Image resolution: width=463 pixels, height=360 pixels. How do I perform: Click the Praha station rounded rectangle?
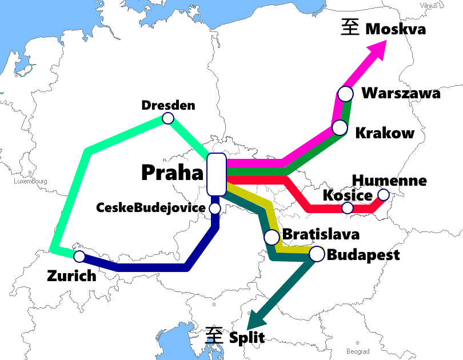[216, 174]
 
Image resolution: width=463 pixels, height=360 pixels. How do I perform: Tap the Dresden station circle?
[168, 118]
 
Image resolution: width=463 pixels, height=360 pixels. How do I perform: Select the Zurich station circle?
[79, 256]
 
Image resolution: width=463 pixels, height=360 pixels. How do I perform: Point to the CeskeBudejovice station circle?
[215, 208]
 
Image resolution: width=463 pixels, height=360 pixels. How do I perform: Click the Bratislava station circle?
[272, 237]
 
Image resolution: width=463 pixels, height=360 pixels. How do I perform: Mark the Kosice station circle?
[348, 208]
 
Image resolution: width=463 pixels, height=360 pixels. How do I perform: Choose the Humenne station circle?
[383, 195]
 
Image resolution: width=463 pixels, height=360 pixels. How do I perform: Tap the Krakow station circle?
[340, 127]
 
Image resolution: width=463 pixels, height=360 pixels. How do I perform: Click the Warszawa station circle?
[345, 93]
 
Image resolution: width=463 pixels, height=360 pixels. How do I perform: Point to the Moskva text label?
[396, 29]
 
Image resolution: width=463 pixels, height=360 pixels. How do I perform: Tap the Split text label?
[247, 337]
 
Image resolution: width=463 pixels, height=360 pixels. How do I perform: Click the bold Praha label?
[172, 173]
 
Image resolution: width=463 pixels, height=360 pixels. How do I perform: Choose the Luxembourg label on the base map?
[30, 181]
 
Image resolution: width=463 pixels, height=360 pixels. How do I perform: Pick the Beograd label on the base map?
[358, 351]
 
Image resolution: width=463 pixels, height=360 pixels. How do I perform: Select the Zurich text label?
[71, 276]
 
